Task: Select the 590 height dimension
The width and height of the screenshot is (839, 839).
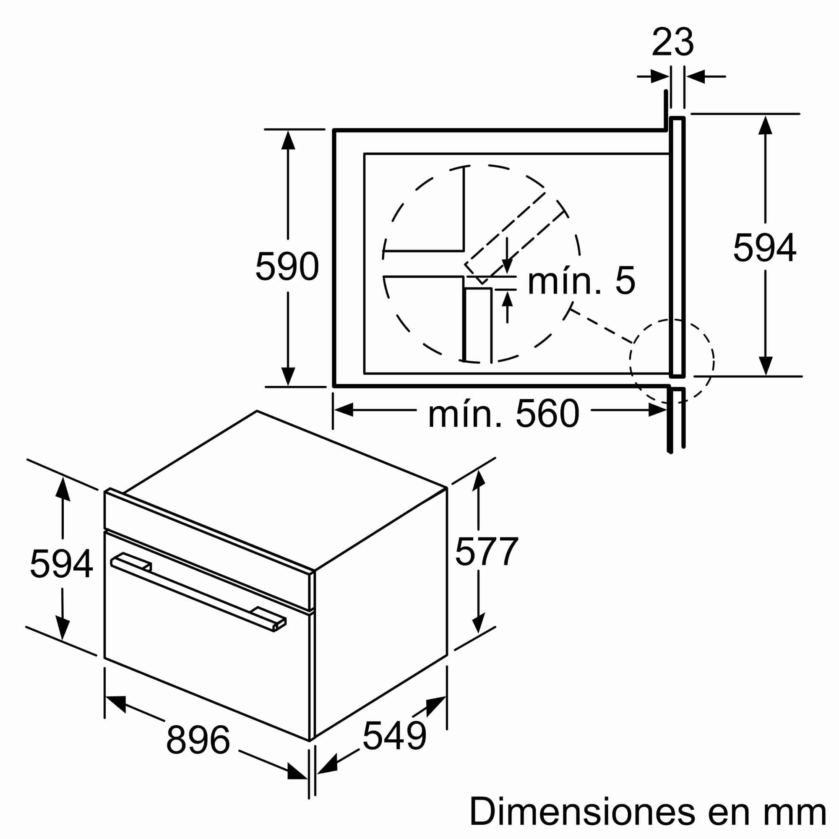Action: (287, 266)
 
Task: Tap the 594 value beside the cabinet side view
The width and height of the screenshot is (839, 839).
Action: (764, 248)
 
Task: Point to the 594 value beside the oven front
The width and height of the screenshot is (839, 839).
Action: (61, 564)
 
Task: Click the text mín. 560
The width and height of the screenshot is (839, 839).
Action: (503, 414)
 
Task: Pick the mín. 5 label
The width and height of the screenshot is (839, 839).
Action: (581, 281)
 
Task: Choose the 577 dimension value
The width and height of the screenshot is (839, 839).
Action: (486, 552)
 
